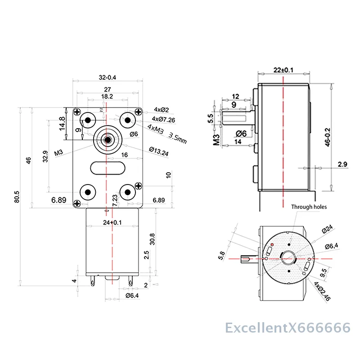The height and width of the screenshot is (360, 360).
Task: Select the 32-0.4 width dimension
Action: (x=107, y=77)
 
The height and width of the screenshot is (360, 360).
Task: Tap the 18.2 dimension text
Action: (x=107, y=96)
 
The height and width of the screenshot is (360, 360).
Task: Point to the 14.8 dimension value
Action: (x=62, y=124)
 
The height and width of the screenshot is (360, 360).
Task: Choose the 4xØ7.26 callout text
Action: (x=164, y=119)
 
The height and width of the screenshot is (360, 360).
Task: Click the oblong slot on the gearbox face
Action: (x=107, y=168)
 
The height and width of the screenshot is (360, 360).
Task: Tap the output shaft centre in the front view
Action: (x=108, y=139)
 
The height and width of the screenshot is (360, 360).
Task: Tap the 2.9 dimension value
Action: (x=343, y=165)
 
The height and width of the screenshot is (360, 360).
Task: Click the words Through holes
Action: (x=309, y=207)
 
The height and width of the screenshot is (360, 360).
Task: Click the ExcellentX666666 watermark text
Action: (x=288, y=327)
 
